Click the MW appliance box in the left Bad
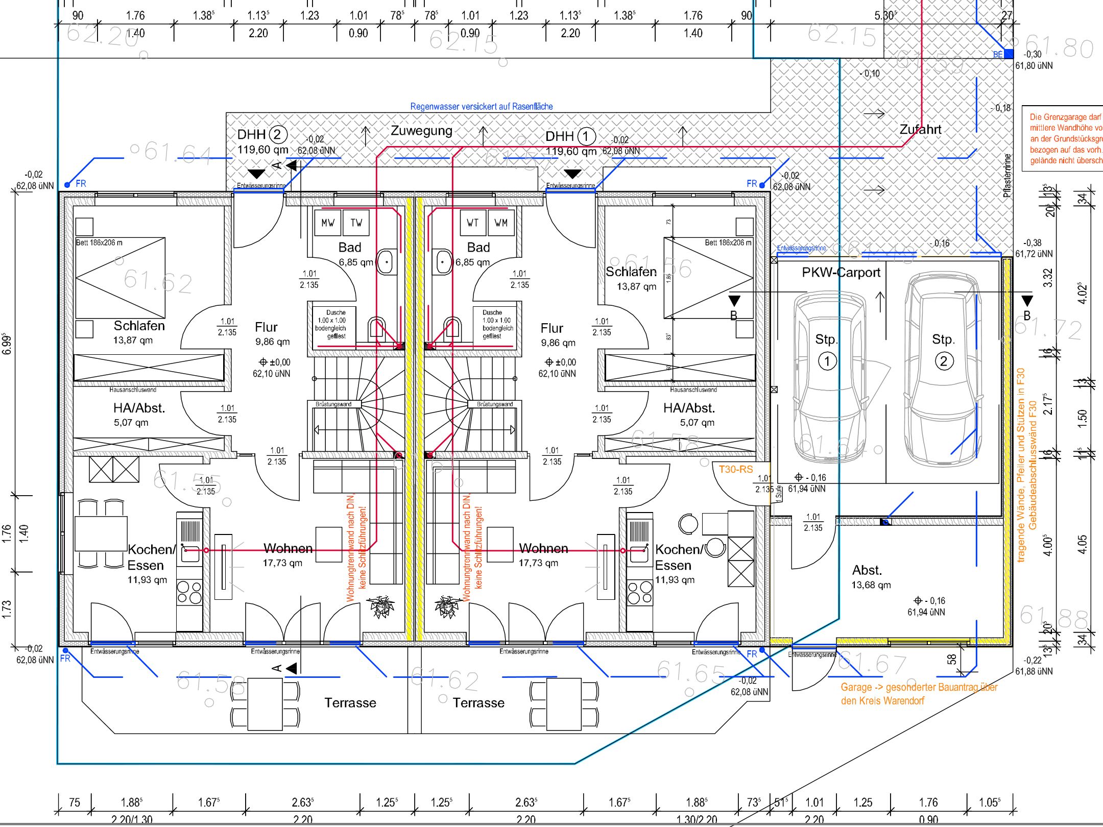click(327, 223)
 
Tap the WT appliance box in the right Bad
click(472, 223)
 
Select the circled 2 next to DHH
click(278, 135)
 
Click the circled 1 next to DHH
click(586, 136)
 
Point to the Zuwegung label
click(421, 131)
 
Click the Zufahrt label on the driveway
click(920, 130)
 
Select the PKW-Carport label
click(841, 273)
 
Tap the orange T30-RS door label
click(736, 469)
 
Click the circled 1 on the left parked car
click(827, 361)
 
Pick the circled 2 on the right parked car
click(943, 361)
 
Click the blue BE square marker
click(1009, 54)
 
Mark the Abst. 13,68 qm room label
click(870, 577)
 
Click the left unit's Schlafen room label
click(139, 326)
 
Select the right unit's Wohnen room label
click(543, 549)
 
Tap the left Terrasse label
click(350, 703)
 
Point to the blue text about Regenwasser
click(482, 107)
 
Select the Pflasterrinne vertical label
click(1007, 176)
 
